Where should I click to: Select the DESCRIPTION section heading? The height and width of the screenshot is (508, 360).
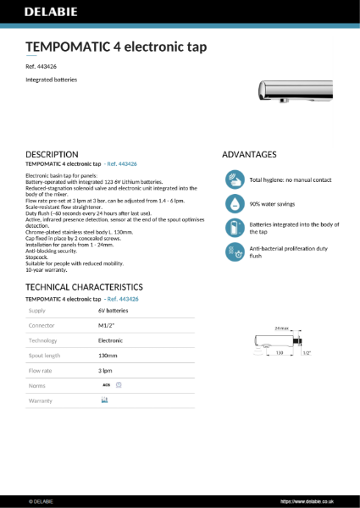click(53, 154)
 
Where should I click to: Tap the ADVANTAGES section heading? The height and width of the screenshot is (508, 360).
click(249, 154)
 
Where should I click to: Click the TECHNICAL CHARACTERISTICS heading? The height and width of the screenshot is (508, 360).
click(84, 287)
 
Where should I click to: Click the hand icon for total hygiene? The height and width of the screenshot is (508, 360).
click(235, 180)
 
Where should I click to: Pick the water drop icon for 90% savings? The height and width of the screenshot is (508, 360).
click(235, 204)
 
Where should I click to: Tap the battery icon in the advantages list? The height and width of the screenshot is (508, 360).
click(235, 228)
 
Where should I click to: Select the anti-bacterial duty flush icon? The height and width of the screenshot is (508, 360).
click(235, 251)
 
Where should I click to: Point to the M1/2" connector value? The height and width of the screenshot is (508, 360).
click(108, 325)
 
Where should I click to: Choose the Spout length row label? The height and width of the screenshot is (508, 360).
click(45, 355)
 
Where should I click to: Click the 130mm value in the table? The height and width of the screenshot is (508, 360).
click(108, 355)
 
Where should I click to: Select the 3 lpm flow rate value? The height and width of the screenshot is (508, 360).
click(106, 370)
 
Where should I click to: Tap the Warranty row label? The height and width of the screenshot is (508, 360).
click(41, 400)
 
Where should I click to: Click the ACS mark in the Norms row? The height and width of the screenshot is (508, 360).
click(107, 384)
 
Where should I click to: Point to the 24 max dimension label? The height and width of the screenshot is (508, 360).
click(281, 327)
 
